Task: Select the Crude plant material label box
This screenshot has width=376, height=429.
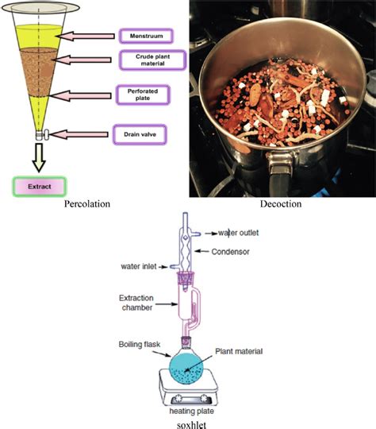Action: coord(151,60)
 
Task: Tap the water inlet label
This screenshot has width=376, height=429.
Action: coord(142,265)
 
